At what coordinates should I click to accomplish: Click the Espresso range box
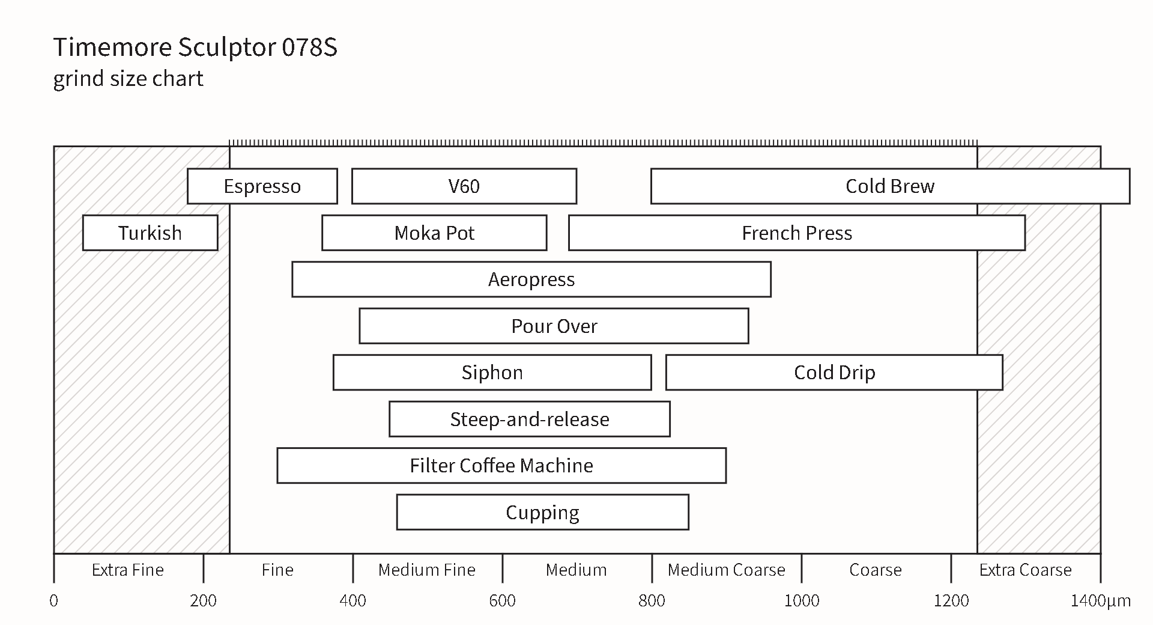pos(262,186)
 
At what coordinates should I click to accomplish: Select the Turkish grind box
pos(150,233)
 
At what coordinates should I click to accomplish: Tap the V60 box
pos(464,186)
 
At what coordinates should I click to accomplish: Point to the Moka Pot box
pos(434,233)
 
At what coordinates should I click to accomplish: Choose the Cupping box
pos(543,512)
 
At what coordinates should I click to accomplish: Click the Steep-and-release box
pos(530,419)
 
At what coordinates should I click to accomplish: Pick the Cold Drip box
pos(834,373)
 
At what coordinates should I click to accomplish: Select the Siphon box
pos(492,373)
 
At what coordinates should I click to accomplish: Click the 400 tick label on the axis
pos(353,600)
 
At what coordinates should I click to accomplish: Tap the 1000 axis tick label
pos(802,600)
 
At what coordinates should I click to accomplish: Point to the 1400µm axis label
pos(1101,600)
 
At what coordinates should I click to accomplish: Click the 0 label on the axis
pos(54,600)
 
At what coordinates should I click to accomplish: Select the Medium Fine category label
pos(427,570)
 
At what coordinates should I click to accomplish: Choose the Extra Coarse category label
pos(1026,570)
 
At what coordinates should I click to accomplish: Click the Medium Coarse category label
pos(727,570)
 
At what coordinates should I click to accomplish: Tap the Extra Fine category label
pos(128,570)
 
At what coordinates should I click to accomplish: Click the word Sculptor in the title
pos(226,47)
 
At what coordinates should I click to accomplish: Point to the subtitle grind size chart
pos(129,79)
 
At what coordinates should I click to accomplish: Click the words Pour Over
pos(554,326)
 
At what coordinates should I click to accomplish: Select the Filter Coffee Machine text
pos(501,466)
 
